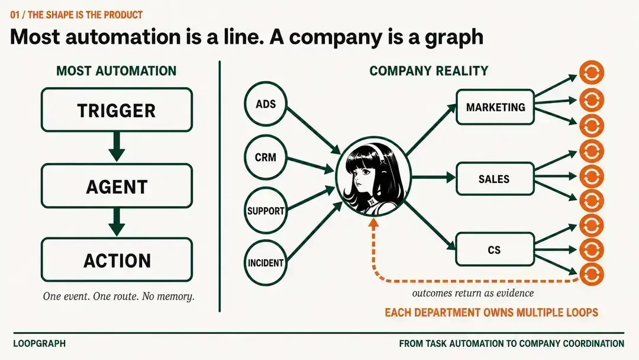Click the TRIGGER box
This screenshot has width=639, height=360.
point(117,110)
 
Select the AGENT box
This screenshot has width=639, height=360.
point(117,186)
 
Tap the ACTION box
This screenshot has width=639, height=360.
point(117,260)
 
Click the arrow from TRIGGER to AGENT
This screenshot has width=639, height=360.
point(117,146)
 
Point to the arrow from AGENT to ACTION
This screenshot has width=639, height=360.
point(117,221)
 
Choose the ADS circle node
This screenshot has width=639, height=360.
point(266,104)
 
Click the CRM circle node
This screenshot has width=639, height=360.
point(266,157)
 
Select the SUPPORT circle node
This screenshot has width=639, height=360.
point(266,210)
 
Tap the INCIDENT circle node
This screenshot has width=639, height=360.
point(266,262)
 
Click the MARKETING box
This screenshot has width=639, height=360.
point(495,107)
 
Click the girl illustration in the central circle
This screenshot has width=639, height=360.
point(373,177)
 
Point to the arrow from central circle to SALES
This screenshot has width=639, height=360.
point(433,178)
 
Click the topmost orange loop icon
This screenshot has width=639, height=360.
point(591,73)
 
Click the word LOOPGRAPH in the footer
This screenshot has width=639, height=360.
point(40,343)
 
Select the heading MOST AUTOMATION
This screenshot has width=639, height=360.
point(117,71)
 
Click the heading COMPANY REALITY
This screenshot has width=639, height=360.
point(429,71)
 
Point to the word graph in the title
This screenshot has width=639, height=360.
point(454,37)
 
